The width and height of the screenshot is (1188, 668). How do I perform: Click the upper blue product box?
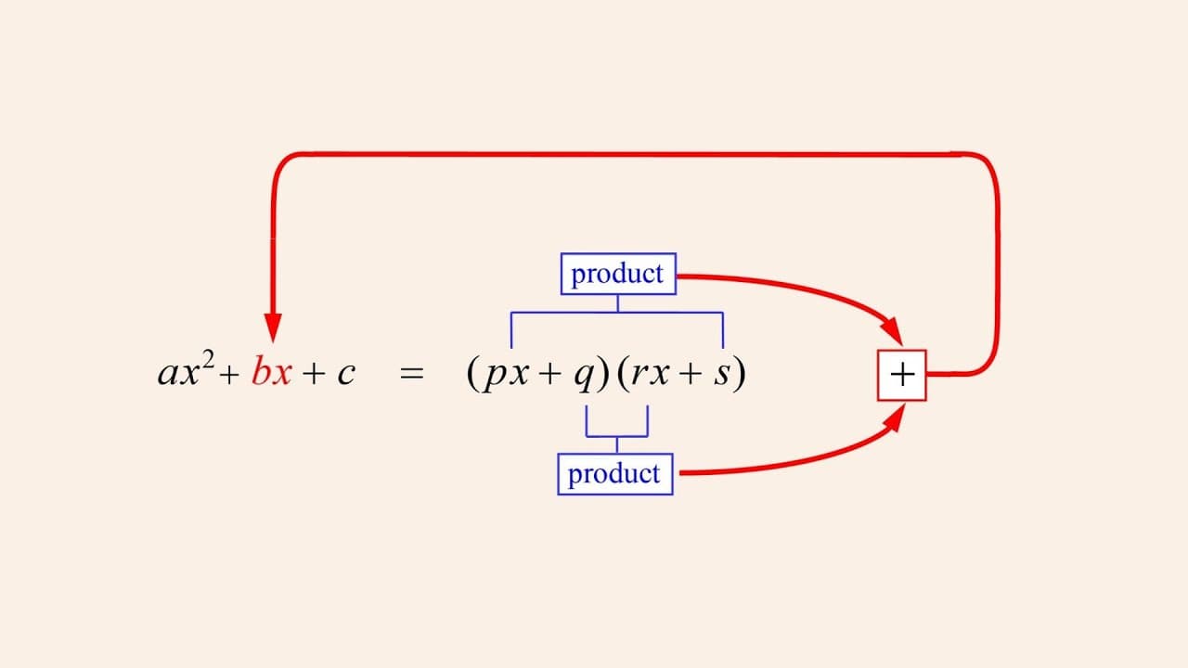(x=618, y=274)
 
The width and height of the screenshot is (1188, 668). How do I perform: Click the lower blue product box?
(x=615, y=474)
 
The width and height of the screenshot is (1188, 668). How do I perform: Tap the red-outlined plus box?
(x=901, y=375)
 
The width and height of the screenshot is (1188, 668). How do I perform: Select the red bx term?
(x=272, y=371)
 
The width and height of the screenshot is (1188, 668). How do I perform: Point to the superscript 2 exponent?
(x=208, y=361)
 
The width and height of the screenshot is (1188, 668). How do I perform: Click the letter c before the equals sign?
(x=346, y=373)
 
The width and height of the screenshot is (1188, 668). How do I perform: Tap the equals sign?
(x=412, y=373)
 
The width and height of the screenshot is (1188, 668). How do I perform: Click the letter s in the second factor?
(x=722, y=373)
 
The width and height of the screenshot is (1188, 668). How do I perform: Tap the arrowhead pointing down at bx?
(x=273, y=328)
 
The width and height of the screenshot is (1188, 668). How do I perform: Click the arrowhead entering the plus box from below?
(x=895, y=418)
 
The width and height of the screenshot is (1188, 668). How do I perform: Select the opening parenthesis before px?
(x=472, y=373)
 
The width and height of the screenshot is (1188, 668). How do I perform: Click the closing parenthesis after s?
(x=740, y=373)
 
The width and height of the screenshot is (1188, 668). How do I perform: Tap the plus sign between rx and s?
(x=691, y=373)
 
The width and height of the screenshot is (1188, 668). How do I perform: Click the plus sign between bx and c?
(x=313, y=373)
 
